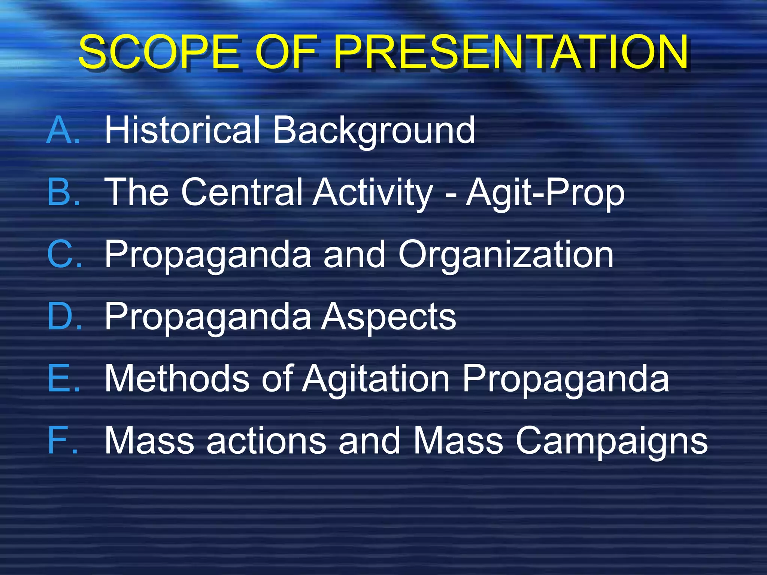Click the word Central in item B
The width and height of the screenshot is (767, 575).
[242, 192]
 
